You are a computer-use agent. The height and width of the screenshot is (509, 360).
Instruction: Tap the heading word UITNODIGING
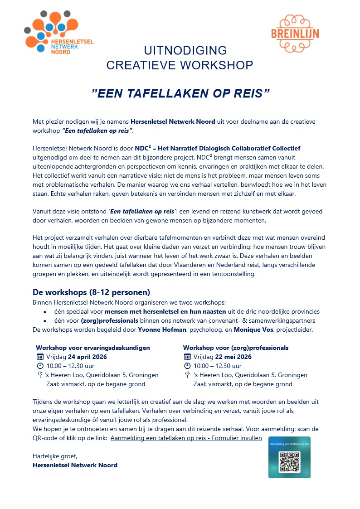click(185, 50)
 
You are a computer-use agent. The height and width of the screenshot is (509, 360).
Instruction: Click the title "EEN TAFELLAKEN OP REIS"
click(180, 93)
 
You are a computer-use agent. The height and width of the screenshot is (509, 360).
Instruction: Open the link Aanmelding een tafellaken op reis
click(186, 438)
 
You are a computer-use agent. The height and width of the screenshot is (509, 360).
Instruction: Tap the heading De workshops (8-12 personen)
click(91, 292)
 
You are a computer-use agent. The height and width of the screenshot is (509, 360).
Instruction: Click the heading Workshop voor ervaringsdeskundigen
click(93, 348)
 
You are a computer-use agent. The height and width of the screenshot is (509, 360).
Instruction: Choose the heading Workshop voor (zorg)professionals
click(236, 348)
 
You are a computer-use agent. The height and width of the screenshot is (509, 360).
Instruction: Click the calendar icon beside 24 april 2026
click(40, 357)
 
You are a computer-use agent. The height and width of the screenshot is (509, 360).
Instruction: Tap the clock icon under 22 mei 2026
click(187, 366)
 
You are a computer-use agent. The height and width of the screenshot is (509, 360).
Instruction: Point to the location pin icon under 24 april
click(40, 375)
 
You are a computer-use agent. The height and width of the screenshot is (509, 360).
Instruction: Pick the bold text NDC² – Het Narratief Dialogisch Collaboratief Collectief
click(218, 148)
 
